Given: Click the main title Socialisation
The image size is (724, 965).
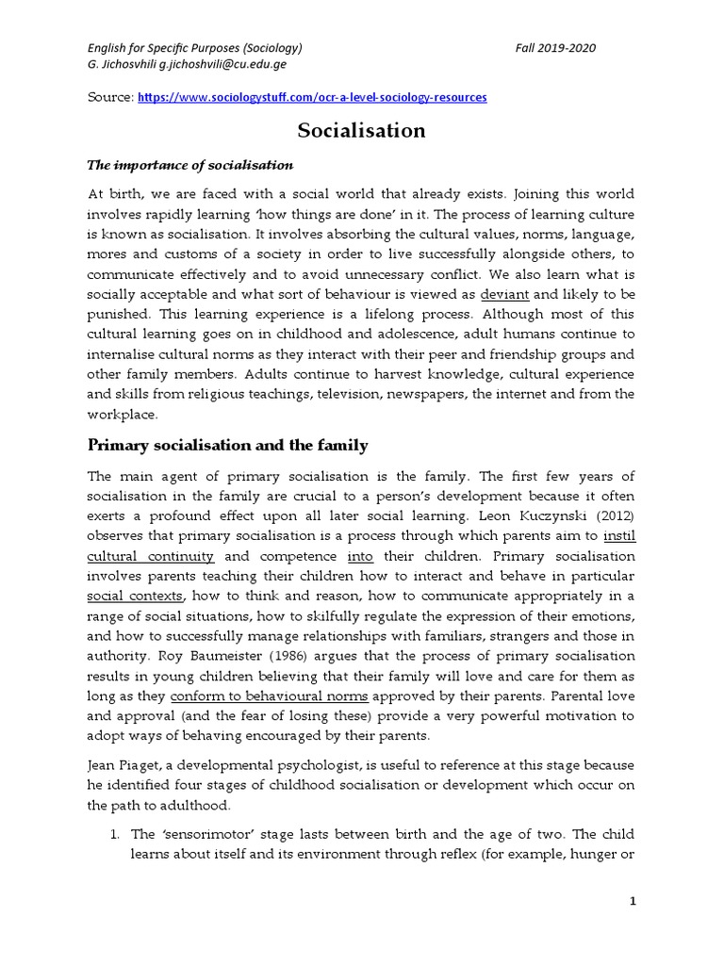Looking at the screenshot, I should (x=362, y=130).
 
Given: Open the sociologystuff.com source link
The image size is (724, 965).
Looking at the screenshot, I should (x=312, y=97).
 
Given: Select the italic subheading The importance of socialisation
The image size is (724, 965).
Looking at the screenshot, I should (x=190, y=165).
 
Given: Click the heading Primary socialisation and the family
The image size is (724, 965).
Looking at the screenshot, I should (x=227, y=445).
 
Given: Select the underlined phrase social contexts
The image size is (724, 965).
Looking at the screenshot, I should (x=136, y=596).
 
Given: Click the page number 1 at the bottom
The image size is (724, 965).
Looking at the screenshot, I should (x=633, y=902).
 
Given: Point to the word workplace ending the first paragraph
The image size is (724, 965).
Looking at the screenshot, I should (x=122, y=414).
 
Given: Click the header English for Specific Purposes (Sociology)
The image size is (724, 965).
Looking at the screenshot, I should (x=195, y=48).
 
